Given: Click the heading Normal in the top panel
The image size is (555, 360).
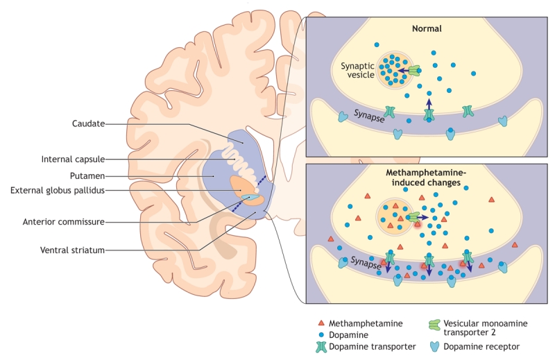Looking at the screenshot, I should (x=427, y=29).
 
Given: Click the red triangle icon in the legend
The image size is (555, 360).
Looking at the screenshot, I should (x=321, y=323).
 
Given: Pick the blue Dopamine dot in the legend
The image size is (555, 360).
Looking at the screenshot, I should (x=321, y=334).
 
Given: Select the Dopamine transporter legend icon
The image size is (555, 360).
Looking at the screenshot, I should (x=321, y=346).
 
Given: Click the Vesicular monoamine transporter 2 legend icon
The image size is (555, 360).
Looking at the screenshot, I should (x=435, y=325).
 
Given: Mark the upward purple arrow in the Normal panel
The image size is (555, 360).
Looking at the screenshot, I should (x=429, y=103).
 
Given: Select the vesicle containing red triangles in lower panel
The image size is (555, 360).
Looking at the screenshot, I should (x=394, y=216).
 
